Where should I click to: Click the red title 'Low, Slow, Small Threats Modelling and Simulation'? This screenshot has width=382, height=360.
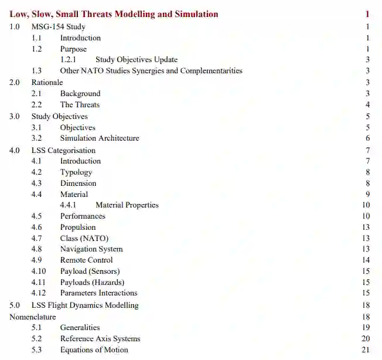[x=114, y=14]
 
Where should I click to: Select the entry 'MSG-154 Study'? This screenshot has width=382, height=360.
[x=58, y=26]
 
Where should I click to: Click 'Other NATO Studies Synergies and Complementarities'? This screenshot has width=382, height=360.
[x=151, y=71]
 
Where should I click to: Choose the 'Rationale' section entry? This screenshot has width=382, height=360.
[x=47, y=82]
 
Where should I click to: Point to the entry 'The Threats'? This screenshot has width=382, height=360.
[x=80, y=104]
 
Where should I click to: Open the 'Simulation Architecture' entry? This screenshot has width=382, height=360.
[x=100, y=138]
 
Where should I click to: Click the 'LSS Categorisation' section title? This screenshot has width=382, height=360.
[x=63, y=150]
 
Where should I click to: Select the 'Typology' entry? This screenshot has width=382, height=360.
[x=76, y=172]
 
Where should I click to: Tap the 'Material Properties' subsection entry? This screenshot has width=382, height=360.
[x=127, y=205]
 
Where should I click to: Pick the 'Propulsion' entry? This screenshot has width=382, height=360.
[x=78, y=227]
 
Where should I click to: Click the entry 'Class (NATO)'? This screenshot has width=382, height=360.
[x=84, y=238]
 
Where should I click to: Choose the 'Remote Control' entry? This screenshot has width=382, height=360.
[x=87, y=260]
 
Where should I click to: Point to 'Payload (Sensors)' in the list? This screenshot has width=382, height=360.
[x=90, y=271]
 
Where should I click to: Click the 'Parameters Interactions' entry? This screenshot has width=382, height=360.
[x=98, y=293]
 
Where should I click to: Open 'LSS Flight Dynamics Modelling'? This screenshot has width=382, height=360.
[x=85, y=305]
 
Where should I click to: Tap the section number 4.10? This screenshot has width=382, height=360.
[x=39, y=271]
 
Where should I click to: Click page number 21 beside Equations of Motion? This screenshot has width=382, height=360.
[x=366, y=350]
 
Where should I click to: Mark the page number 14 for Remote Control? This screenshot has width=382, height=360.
[x=366, y=260]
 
